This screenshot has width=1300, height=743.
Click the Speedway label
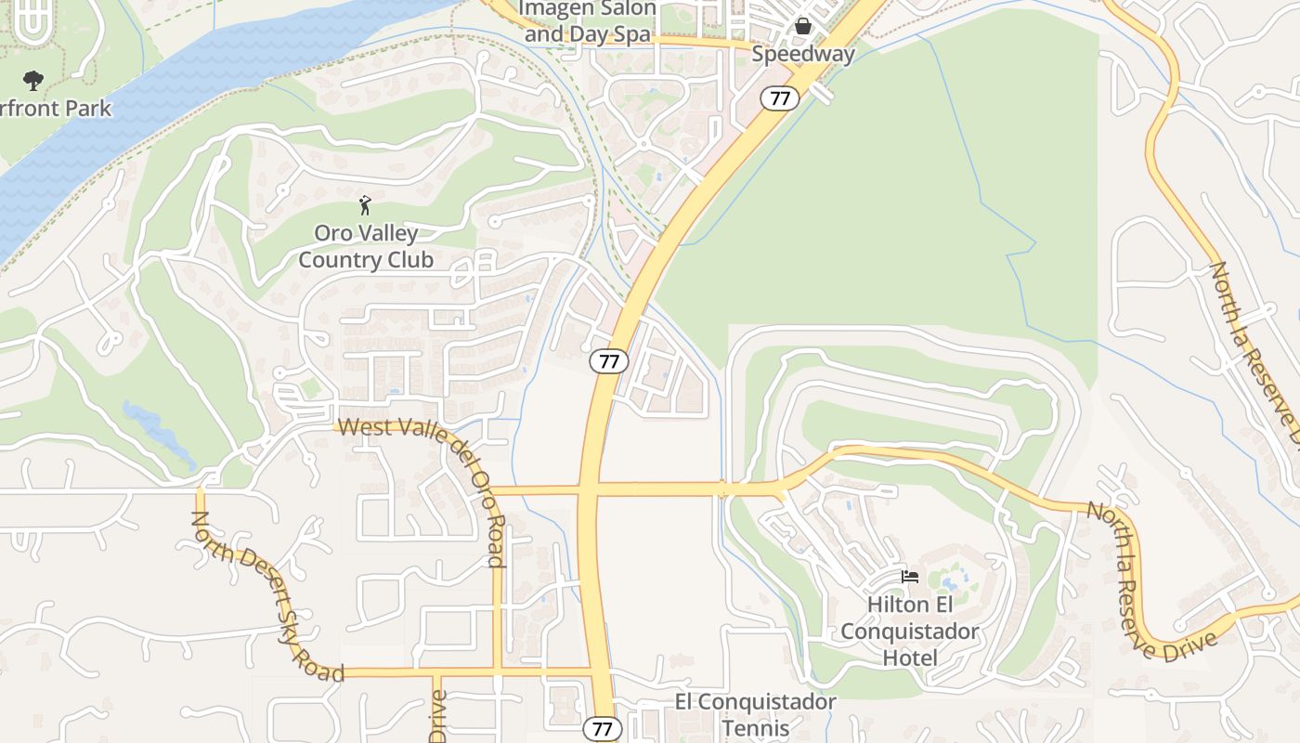pyautogui.click(x=802, y=54)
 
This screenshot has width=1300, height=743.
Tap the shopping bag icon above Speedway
pyautogui.click(x=803, y=26)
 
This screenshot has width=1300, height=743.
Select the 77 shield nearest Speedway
pyautogui.click(x=780, y=98)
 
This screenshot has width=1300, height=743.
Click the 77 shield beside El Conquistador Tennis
pyautogui.click(x=602, y=729)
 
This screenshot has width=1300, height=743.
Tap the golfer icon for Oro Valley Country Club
pyautogui.click(x=365, y=205)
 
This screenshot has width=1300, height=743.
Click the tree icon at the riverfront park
pyautogui.click(x=33, y=81)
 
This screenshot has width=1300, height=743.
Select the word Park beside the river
pyautogui.click(x=87, y=109)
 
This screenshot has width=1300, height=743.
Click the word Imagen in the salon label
pyautogui.click(x=552, y=9)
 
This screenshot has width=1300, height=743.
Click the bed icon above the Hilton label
pyautogui.click(x=910, y=577)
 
